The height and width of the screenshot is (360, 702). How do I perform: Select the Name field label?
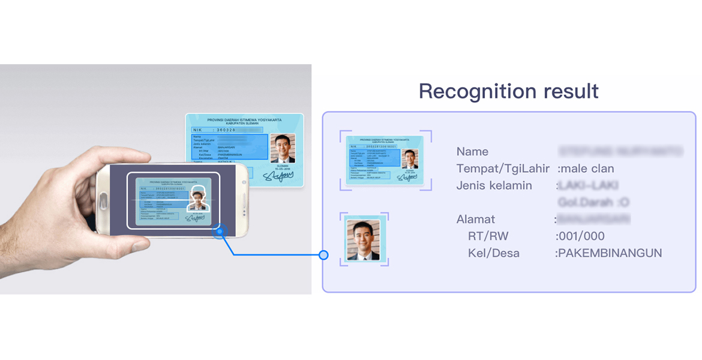[472, 152]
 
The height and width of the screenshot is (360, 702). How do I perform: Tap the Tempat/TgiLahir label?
[503, 169]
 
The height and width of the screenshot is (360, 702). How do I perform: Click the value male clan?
[587, 169]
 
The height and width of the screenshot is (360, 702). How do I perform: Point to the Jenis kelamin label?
[494, 185]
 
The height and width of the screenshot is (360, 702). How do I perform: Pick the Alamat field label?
[475, 219]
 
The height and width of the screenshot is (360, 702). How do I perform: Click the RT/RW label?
[488, 236]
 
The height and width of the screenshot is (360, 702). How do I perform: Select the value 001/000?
[581, 236]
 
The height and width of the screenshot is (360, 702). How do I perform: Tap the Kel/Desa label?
[494, 253]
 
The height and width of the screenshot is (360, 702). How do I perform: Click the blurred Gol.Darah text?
[593, 202]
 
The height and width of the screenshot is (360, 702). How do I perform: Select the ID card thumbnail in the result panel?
[385, 160]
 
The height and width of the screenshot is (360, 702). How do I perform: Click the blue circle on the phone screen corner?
[220, 232]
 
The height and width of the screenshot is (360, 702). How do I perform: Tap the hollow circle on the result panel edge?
[323, 255]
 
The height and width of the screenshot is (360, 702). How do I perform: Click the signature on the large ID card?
[278, 175]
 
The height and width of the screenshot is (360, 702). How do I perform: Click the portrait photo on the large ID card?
[282, 148]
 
